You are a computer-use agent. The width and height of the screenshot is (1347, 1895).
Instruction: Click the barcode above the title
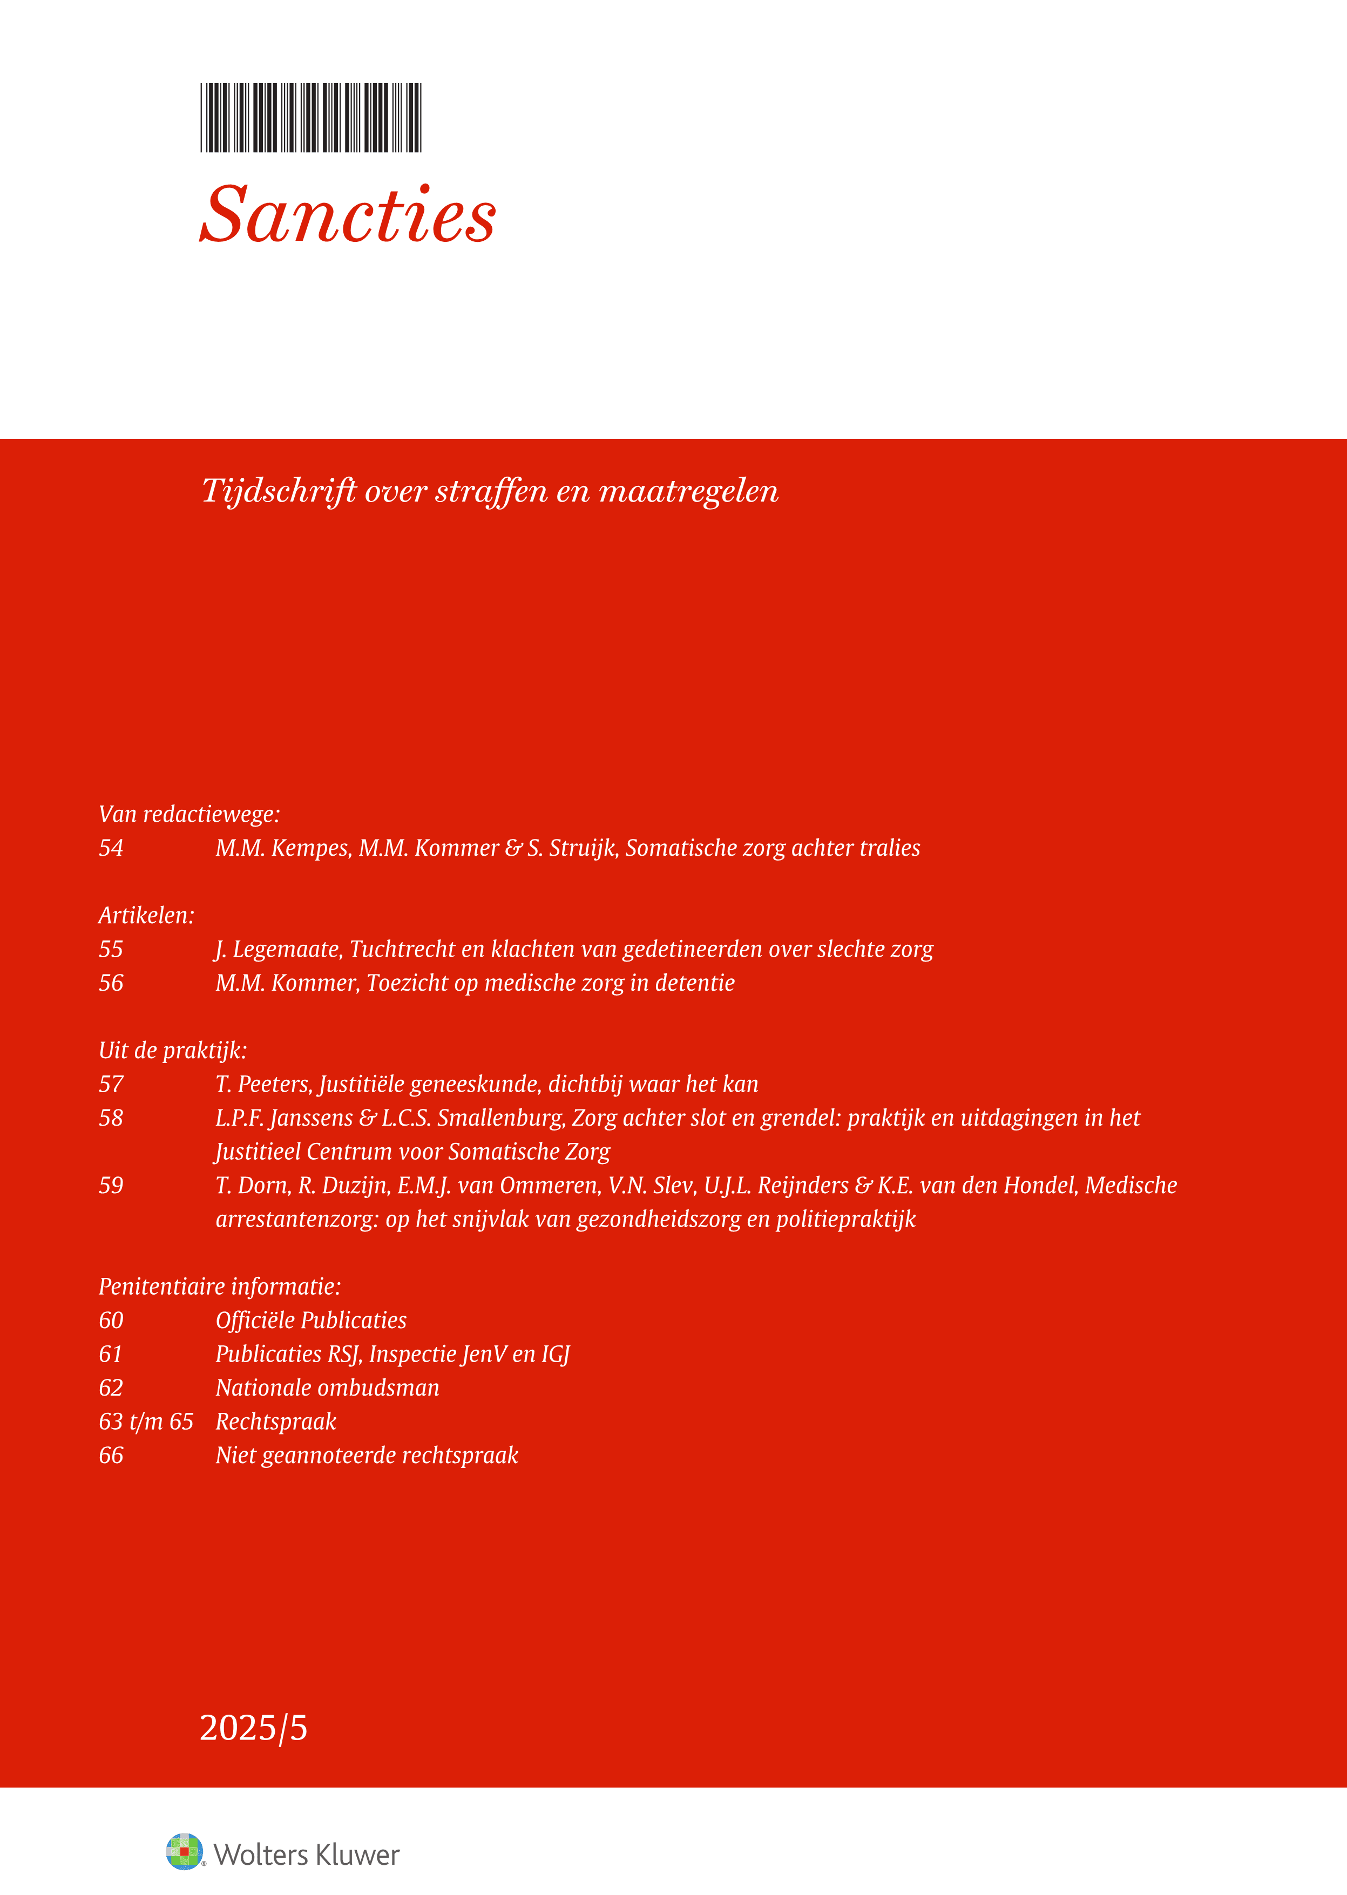point(311,118)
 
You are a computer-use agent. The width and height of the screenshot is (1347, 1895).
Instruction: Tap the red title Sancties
point(348,215)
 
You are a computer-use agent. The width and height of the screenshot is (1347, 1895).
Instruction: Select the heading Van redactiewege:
point(189,814)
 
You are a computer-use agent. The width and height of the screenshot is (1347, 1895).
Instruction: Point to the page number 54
point(111,848)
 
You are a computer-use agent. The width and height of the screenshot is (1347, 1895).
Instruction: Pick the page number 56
point(111,984)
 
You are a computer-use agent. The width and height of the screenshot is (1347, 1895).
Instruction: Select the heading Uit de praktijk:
point(173,1051)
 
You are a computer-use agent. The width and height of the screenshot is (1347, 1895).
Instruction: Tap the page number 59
point(111,1186)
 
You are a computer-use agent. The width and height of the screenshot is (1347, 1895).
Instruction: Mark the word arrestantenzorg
point(295,1220)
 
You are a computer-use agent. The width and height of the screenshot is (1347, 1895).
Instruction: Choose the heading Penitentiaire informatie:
point(220,1287)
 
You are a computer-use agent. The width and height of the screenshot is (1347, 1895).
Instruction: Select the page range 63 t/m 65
point(146,1422)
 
